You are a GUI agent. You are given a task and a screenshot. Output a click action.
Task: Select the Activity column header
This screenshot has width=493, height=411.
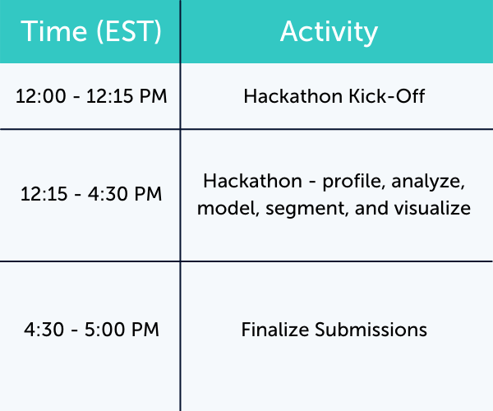pyautogui.click(x=329, y=31)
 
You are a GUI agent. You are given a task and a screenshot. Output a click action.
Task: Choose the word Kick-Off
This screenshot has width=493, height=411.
pyautogui.click(x=394, y=96)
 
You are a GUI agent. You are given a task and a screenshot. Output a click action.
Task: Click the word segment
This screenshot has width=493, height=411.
pyautogui.click(x=303, y=209)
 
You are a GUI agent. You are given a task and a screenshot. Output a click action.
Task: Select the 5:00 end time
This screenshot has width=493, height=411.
pyautogui.click(x=104, y=330)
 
